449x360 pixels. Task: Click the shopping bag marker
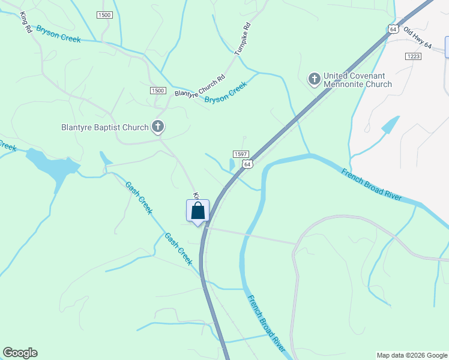coord(197,212)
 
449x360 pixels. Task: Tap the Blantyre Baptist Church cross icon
coord(158,127)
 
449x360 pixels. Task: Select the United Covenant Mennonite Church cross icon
coord(314,79)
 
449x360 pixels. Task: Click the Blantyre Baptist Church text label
coord(105,127)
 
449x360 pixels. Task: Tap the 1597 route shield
coord(237,154)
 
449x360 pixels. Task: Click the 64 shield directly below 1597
coord(247,163)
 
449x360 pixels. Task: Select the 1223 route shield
coord(413,56)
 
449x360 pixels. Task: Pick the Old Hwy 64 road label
coord(418,37)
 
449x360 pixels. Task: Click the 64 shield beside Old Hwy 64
coord(393,29)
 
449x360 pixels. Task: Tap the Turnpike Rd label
coord(243,40)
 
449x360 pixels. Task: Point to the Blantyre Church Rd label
coord(199,86)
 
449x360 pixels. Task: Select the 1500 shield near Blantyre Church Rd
coord(157,90)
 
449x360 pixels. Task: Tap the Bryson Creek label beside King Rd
coord(58,34)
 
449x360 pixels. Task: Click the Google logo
coord(20,353)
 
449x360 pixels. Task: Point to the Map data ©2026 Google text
coord(412,355)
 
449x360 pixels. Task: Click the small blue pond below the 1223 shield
coord(390,125)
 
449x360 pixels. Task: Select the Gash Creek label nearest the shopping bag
coord(178,249)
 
